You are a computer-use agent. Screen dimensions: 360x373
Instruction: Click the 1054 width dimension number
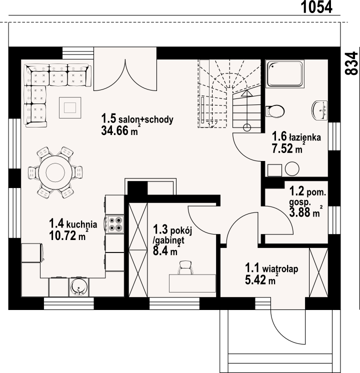click(316, 7)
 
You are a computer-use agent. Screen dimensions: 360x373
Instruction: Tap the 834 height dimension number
click(351, 63)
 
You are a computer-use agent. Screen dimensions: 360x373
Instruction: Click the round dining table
click(55, 172)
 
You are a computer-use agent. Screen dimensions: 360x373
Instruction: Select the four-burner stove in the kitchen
click(114, 224)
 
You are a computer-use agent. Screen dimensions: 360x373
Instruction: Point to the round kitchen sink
click(78, 287)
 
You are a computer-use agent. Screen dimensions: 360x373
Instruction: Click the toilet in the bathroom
click(275, 111)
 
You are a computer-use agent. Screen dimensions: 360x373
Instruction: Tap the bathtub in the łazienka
click(285, 74)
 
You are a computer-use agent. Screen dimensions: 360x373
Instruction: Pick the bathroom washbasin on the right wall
click(319, 110)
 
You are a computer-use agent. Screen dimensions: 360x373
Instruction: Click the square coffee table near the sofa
click(70, 107)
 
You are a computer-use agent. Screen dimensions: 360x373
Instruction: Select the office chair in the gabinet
click(185, 267)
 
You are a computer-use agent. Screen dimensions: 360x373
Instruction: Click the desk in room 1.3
click(192, 283)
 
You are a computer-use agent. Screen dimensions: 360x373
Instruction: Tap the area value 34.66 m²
click(119, 130)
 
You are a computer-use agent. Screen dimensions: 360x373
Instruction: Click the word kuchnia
click(81, 224)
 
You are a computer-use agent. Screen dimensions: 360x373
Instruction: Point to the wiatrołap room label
click(280, 269)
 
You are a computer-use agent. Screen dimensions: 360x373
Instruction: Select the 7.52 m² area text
click(287, 149)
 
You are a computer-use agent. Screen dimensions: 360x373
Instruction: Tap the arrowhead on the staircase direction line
click(246, 93)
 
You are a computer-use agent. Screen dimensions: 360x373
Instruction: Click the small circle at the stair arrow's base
click(247, 127)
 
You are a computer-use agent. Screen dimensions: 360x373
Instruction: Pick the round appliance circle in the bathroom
click(292, 169)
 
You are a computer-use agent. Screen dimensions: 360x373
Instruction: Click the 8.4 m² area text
click(165, 250)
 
